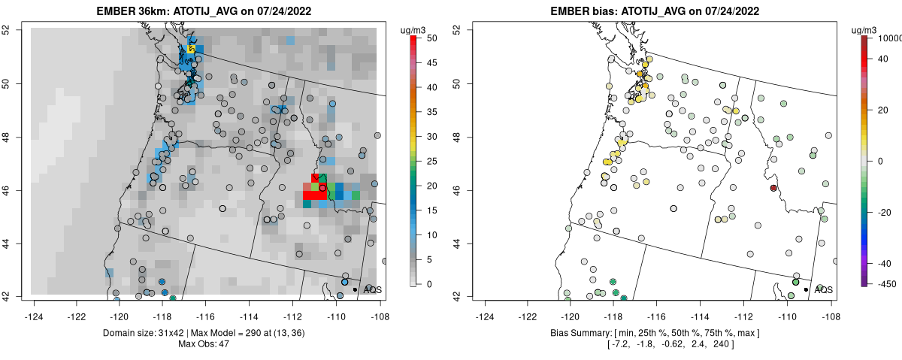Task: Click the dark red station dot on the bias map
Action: coord(773,188)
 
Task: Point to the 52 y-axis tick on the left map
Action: coord(16,30)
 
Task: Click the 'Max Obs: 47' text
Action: coord(204,343)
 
